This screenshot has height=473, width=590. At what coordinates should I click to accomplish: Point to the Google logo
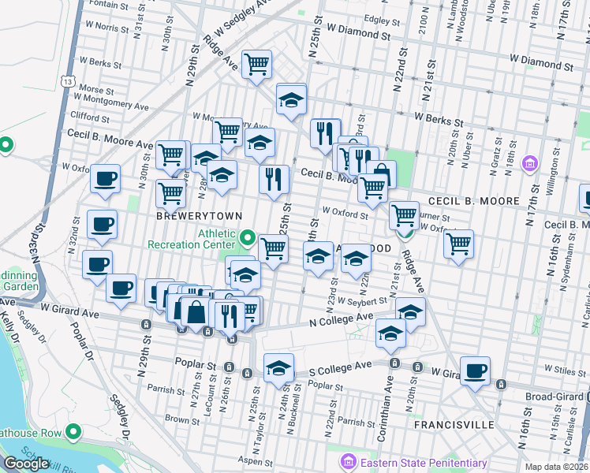[26, 464]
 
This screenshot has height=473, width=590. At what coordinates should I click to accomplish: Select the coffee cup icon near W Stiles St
[475, 371]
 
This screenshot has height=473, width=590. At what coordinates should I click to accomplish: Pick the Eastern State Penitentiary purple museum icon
[345, 460]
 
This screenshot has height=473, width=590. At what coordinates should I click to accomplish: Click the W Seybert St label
[363, 300]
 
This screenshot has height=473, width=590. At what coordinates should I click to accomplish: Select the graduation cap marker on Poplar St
[278, 367]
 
